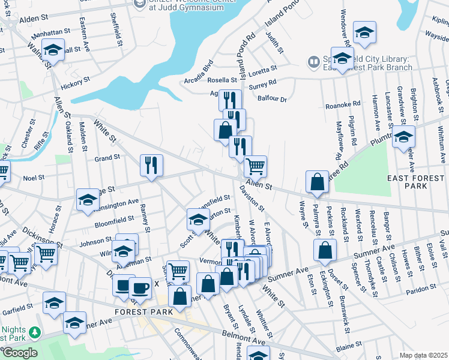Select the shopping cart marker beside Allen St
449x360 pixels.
[x=256, y=166]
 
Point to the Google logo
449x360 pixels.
[x=20, y=353]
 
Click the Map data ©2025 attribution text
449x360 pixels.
[x=423, y=355]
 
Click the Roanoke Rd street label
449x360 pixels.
[x=342, y=106]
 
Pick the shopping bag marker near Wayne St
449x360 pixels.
[x=316, y=181]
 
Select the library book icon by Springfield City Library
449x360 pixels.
[x=313, y=62]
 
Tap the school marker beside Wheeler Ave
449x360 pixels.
[x=403, y=137]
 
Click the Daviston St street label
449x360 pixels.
[x=252, y=197]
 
